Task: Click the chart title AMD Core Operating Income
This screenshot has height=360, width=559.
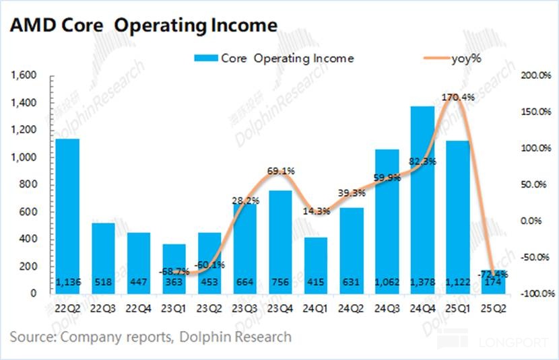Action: [x=143, y=25]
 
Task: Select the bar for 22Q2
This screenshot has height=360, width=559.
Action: [x=67, y=215]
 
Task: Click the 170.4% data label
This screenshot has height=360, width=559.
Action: [x=458, y=98]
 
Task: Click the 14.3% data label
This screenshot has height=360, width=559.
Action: [x=315, y=211]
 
